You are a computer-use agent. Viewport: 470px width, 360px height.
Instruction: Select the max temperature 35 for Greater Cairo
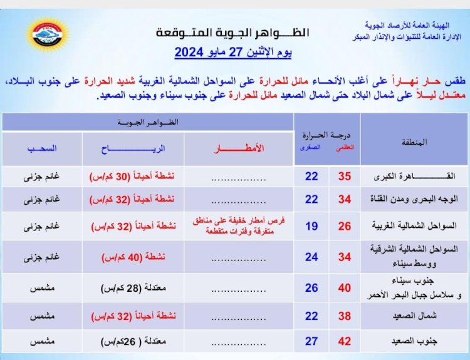(x=345, y=177)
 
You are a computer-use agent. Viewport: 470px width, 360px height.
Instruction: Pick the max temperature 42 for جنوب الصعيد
(x=345, y=342)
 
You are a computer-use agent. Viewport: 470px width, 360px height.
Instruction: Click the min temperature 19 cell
(x=311, y=226)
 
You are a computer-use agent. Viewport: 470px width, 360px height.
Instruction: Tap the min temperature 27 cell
(x=311, y=342)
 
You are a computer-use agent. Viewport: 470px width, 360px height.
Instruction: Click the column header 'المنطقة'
(x=414, y=141)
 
